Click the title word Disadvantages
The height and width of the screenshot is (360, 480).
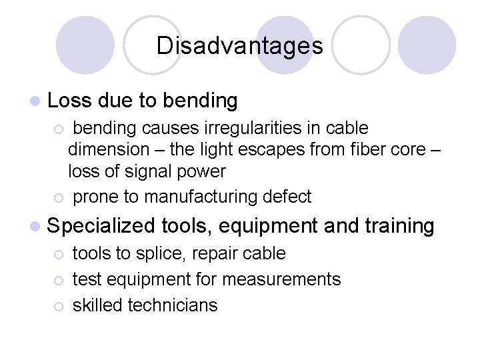[x=240, y=46]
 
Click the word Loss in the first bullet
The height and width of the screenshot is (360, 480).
[x=70, y=101]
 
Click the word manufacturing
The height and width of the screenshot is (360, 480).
[x=201, y=197]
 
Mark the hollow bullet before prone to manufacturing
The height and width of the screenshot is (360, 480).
[x=59, y=197]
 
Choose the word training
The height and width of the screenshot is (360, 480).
[x=399, y=226]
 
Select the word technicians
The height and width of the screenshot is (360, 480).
[x=173, y=305]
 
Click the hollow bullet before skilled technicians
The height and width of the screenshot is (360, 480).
[x=59, y=306]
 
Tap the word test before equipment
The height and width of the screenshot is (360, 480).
[x=85, y=279]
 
